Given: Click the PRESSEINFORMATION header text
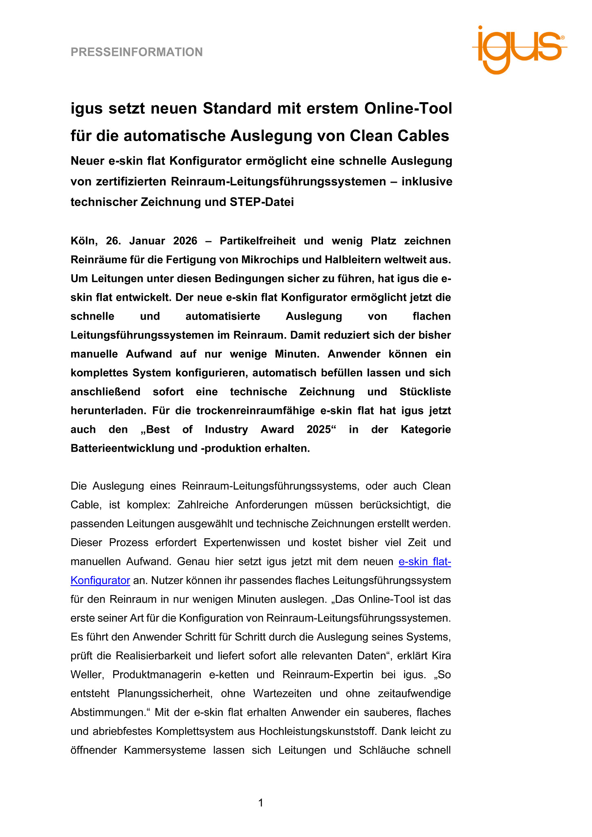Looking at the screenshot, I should click(x=137, y=52).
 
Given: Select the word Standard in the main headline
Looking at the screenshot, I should click(x=237, y=109).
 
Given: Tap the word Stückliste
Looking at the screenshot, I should click(x=425, y=392).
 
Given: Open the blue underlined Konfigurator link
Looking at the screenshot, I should click(x=100, y=580).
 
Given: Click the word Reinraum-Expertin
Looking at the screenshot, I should click(x=327, y=675).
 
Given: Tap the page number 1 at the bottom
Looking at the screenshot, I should click(x=261, y=803).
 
